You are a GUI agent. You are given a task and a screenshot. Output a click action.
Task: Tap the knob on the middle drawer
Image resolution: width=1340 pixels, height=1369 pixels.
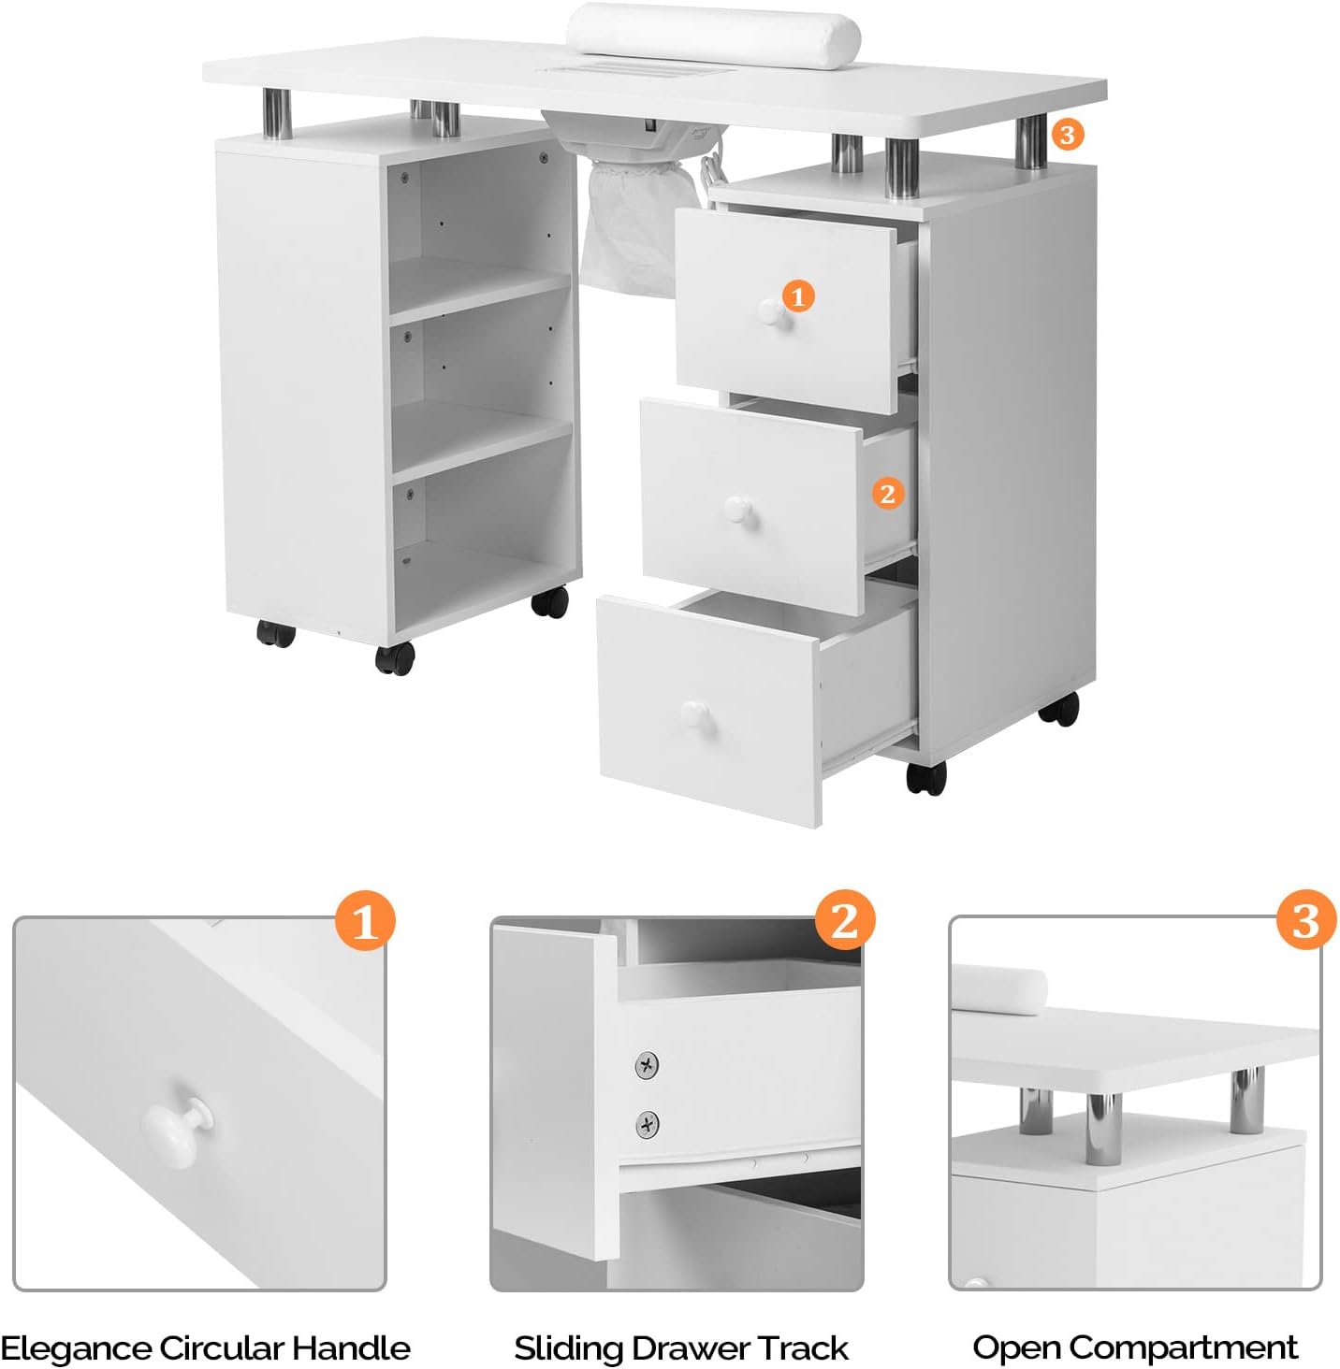(737, 510)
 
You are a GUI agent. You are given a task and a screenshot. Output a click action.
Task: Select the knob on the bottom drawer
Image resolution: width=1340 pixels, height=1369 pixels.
(697, 717)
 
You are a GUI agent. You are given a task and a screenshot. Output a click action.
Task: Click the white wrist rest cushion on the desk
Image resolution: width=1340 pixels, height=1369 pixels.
(713, 30)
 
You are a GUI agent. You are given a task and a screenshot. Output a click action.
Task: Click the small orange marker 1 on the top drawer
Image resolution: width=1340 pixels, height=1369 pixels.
(797, 296)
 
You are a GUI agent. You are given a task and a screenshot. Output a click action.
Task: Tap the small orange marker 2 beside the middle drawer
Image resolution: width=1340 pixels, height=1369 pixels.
(887, 493)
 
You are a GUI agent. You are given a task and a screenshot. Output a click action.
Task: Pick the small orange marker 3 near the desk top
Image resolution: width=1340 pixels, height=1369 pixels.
(1067, 135)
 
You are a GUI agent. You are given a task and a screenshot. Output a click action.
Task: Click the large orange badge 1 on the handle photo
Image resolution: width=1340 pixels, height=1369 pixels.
(365, 920)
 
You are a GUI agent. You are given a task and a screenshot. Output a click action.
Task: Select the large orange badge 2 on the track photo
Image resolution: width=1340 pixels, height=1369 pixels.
(844, 920)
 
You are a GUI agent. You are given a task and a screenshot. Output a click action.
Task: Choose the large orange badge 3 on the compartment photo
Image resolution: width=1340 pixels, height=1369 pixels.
(1306, 920)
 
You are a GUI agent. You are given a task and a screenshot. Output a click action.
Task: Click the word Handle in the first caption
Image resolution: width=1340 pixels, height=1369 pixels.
(351, 1347)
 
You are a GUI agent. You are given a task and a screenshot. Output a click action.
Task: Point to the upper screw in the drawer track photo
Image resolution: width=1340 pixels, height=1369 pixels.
(647, 1065)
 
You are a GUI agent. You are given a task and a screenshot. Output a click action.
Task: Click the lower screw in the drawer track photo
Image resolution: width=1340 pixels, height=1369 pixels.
(647, 1123)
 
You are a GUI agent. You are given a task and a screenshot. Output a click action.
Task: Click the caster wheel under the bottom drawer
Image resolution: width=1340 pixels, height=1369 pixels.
(926, 778)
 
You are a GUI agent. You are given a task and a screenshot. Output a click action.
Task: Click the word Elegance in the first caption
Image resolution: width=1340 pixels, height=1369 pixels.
(77, 1347)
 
